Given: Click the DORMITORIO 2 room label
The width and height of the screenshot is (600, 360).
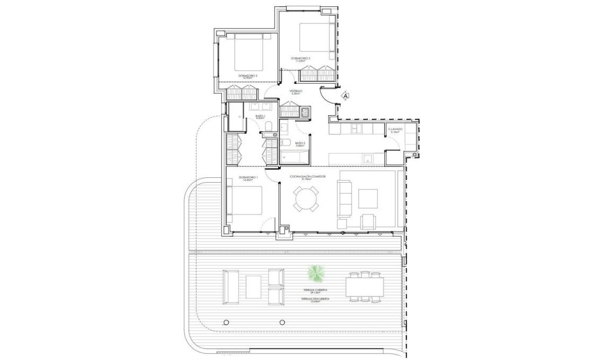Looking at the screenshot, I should [x=247, y=76].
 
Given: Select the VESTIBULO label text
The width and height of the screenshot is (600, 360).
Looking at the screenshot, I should [x=296, y=92].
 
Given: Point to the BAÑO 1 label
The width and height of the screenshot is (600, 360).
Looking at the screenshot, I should [x=260, y=116].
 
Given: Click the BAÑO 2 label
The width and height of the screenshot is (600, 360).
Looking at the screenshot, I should [x=299, y=144].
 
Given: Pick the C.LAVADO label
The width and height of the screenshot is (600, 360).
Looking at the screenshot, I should [x=395, y=130].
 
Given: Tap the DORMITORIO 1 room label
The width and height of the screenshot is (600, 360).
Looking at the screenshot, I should [x=248, y=177].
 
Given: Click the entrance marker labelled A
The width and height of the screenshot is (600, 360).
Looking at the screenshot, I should [x=346, y=96].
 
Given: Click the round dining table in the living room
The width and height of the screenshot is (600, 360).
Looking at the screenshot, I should [x=307, y=201].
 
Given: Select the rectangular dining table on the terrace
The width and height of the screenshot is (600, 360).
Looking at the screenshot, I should [x=364, y=287].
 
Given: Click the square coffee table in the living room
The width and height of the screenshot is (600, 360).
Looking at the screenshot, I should [x=368, y=198].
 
